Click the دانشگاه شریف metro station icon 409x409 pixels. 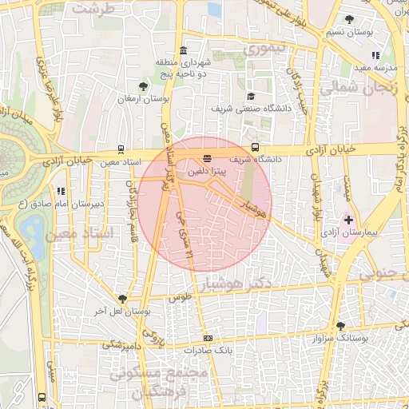(256, 147)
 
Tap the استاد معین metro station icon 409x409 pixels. (121, 148)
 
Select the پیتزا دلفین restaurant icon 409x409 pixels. (208, 158)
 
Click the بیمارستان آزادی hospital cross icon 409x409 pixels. (348, 219)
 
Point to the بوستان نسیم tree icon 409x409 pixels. (349, 19)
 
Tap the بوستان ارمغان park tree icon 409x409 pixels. (143, 85)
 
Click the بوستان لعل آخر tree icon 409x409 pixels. (122, 297)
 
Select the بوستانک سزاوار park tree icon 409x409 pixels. (341, 326)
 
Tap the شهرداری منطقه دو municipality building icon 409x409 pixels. (184, 50)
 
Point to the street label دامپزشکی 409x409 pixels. (121, 345)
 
